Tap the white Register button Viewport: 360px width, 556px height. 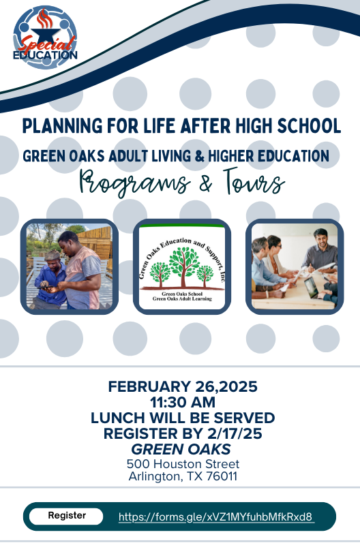click(66, 516)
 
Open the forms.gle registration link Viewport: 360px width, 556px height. click(216, 517)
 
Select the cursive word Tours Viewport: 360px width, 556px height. click(251, 183)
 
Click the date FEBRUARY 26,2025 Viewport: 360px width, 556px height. click(183, 387)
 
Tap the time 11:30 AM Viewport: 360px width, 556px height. click(183, 402)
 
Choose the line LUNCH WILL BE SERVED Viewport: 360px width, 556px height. click(183, 418)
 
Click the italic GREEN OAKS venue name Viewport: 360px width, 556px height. click(181, 449)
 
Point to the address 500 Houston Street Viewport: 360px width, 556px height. click(183, 464)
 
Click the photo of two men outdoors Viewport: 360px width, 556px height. click(70, 266)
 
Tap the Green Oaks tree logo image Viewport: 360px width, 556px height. click(181, 266)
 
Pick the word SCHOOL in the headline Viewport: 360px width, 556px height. click(309, 126)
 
